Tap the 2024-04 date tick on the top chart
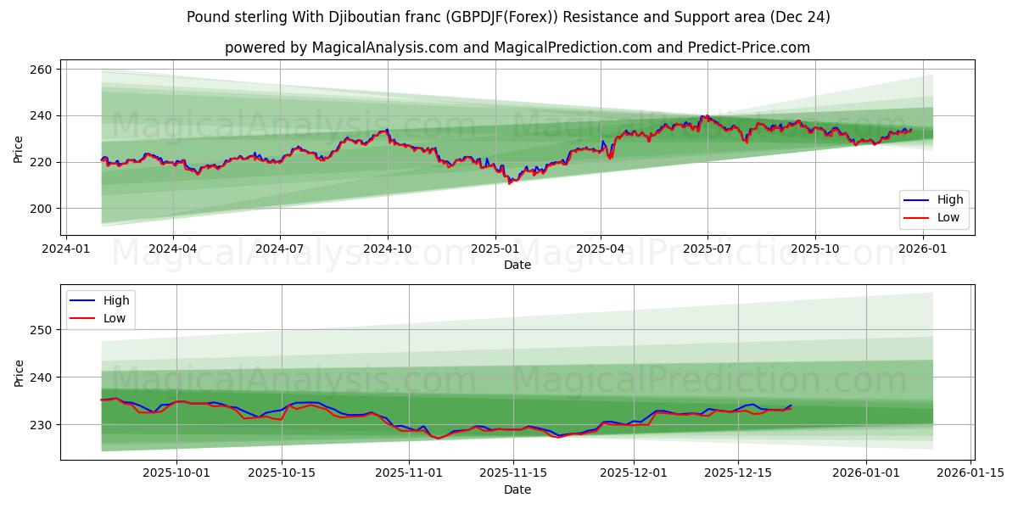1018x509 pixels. [173, 249]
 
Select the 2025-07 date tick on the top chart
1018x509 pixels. [708, 249]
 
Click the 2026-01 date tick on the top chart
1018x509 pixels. [922, 249]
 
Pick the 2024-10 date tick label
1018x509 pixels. [388, 249]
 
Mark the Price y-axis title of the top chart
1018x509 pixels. [19, 148]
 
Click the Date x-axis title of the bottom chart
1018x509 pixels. [517, 489]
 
